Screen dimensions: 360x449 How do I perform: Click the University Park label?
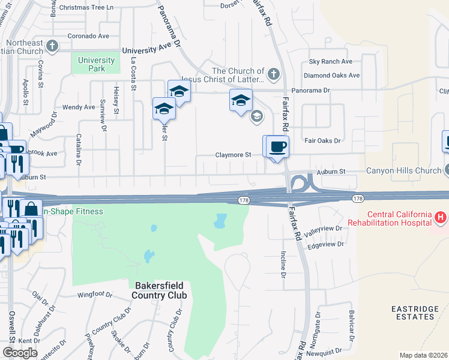(97, 64)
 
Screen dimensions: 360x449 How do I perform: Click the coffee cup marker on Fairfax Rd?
(278, 146)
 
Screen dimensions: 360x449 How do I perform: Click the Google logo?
(20, 353)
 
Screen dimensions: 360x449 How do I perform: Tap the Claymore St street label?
(234, 155)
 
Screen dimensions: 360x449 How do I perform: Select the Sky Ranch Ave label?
(330, 62)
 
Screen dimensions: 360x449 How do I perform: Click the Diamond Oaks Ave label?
(331, 76)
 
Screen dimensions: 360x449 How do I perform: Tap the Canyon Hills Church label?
(407, 171)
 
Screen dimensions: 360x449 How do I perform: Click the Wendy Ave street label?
(79, 107)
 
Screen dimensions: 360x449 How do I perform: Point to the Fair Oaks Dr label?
(322, 140)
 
